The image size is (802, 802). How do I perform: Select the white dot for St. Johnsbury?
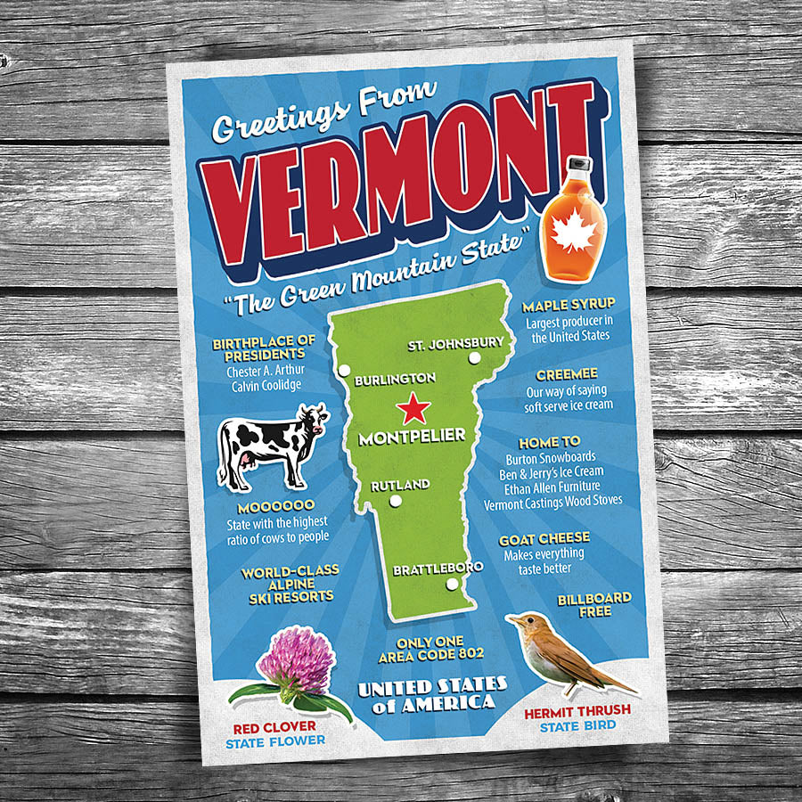click(474, 358)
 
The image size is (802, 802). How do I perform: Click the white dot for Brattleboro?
click(453, 585)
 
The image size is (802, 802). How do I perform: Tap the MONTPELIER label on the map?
click(412, 437)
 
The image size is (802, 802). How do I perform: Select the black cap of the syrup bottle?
click(579, 167)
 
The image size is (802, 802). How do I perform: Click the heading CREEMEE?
click(561, 374)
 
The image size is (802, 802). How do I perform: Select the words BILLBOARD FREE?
click(594, 604)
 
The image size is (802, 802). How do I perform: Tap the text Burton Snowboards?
click(549, 457)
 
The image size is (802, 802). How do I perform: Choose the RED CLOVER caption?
click(274, 727)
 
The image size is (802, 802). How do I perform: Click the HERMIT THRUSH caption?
click(577, 710)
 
